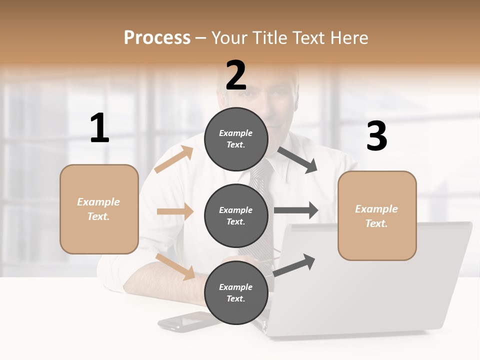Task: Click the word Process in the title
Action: pyautogui.click(x=157, y=37)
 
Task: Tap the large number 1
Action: pyautogui.click(x=99, y=128)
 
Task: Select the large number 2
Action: pyautogui.click(x=236, y=75)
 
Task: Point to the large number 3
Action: pyautogui.click(x=376, y=136)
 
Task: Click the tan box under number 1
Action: pyautogui.click(x=99, y=209)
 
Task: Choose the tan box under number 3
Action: pyautogui.click(x=377, y=215)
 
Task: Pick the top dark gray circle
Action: pyautogui.click(x=236, y=139)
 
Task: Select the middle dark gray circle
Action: pyautogui.click(x=236, y=215)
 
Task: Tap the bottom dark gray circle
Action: pyautogui.click(x=236, y=292)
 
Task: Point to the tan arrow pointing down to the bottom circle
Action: pyautogui.click(x=175, y=266)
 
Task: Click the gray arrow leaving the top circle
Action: pyautogui.click(x=297, y=160)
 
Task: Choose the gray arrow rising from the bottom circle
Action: pyautogui.click(x=294, y=265)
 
